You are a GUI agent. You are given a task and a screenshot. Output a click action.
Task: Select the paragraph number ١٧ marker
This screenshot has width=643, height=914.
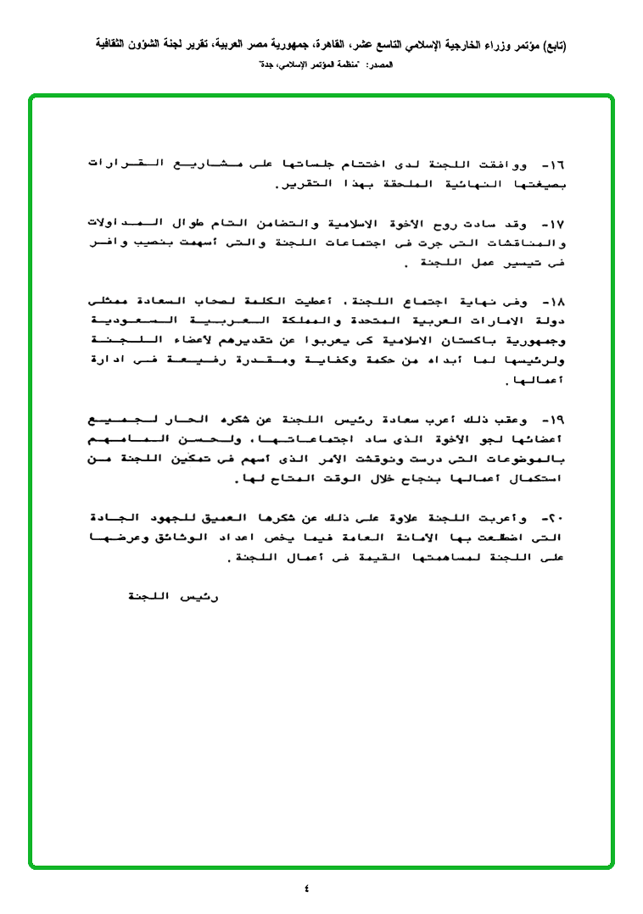pos(556,225)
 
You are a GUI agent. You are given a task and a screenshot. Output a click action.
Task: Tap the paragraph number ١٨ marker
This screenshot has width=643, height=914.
pos(556,302)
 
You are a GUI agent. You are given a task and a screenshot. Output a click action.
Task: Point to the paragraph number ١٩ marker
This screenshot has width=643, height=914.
pos(556,419)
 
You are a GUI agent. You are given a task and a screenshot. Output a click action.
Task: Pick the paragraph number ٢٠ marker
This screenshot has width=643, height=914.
pos(556,517)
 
